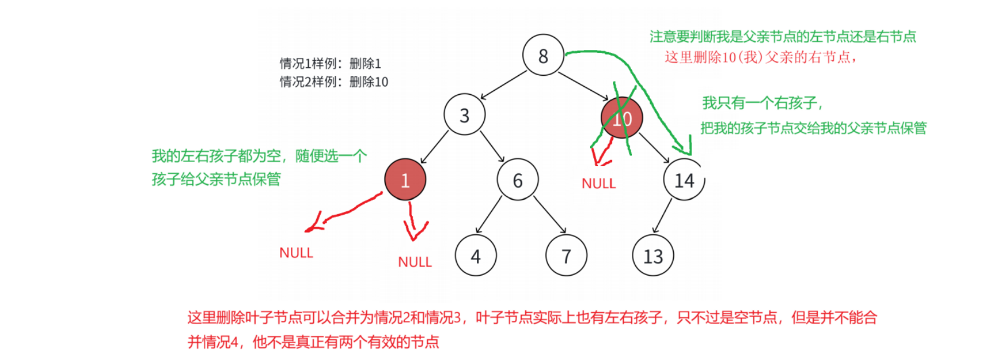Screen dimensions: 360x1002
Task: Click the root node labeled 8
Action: [x=543, y=55]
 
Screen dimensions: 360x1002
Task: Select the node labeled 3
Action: [x=464, y=115]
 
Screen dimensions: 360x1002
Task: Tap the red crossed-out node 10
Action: [x=622, y=118]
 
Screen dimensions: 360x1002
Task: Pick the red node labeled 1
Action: [x=405, y=180]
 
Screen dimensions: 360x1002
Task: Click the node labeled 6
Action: [x=518, y=180]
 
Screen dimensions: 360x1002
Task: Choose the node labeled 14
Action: [x=684, y=180]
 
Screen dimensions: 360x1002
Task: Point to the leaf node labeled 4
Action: [x=476, y=256]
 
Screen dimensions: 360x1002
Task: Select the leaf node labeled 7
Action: [x=566, y=256]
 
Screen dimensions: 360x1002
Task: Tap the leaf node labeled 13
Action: [x=653, y=256]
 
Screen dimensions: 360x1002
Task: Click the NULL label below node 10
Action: [x=599, y=184]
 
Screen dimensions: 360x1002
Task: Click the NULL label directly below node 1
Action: [x=415, y=262]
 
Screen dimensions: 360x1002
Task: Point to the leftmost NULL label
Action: [x=296, y=253]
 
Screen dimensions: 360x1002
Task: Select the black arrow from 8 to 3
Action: [x=503, y=85]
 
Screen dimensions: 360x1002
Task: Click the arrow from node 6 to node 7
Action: [x=550, y=214]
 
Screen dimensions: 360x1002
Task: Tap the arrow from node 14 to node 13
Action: [x=662, y=216]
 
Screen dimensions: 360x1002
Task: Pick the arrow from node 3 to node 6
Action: [x=492, y=146]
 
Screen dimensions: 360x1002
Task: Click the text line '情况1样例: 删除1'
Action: [x=331, y=63]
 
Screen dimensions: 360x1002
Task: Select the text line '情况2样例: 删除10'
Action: [x=334, y=82]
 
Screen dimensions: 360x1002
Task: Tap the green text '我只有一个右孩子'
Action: [x=763, y=103]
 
